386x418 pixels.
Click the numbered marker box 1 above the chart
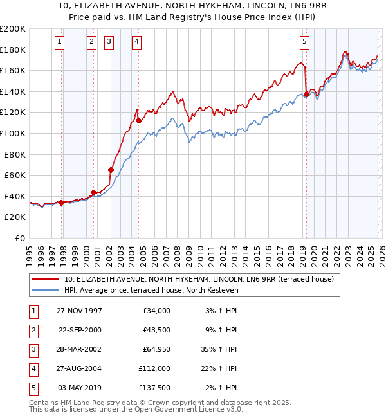coord(59,42)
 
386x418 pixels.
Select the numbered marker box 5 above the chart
coord(304,42)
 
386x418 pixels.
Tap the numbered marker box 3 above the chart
coord(109,42)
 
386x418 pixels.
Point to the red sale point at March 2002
coord(111,170)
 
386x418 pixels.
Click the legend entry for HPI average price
coord(151,291)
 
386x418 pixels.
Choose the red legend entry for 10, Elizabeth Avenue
coord(199,280)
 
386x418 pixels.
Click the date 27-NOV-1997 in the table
coord(79,311)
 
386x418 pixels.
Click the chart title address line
coord(193,6)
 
